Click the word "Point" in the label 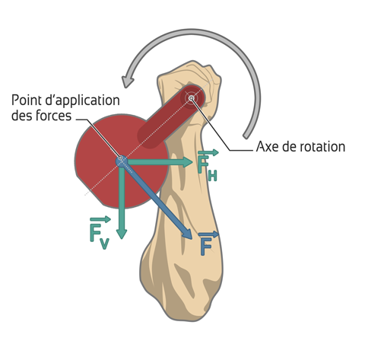[x=26, y=100]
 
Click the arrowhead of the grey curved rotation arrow [x=127, y=81]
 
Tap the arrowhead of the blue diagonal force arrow [x=187, y=234]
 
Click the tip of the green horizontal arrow [x=193, y=162]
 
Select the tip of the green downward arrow [x=122, y=238]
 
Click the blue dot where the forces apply [x=121, y=160]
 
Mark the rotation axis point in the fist [x=192, y=98]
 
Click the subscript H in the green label [x=212, y=176]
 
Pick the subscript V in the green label [x=104, y=244]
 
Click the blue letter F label [x=206, y=247]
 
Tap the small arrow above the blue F [x=208, y=234]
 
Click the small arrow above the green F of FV [x=100, y=219]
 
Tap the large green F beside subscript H [x=203, y=164]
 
